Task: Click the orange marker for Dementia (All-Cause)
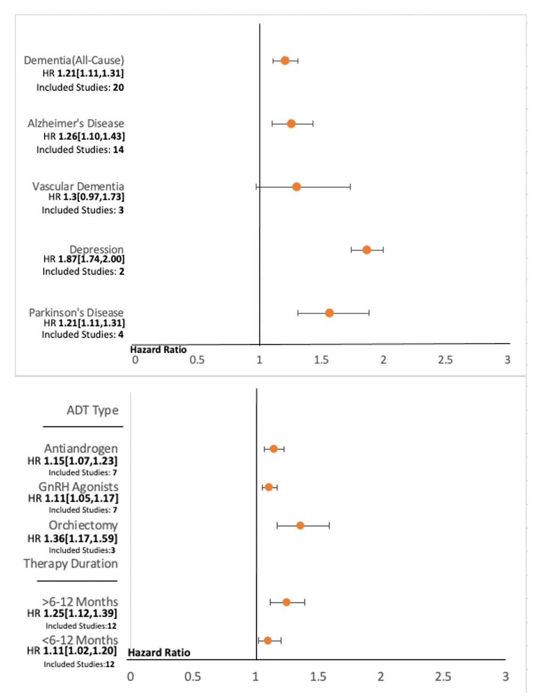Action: [x=285, y=61]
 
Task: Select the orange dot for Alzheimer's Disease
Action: [x=291, y=124]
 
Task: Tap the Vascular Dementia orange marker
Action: [x=297, y=187]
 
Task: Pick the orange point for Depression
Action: [x=367, y=250]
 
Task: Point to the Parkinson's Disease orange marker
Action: [x=329, y=313]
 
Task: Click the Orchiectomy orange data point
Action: [x=300, y=525]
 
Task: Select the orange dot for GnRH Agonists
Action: [x=269, y=487]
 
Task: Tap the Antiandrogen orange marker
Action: [x=274, y=449]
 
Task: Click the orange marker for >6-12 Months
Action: [x=286, y=602]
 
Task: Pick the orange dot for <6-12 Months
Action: [x=268, y=641]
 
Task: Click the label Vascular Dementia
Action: [x=78, y=186]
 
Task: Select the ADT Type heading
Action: [x=92, y=410]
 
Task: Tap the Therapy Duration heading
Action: [x=71, y=564]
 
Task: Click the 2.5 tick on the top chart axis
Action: [x=445, y=360]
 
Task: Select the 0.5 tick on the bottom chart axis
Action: [x=193, y=676]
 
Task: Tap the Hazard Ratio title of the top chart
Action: [x=158, y=349]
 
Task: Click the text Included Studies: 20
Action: [x=80, y=88]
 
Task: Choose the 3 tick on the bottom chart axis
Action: [x=505, y=676]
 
